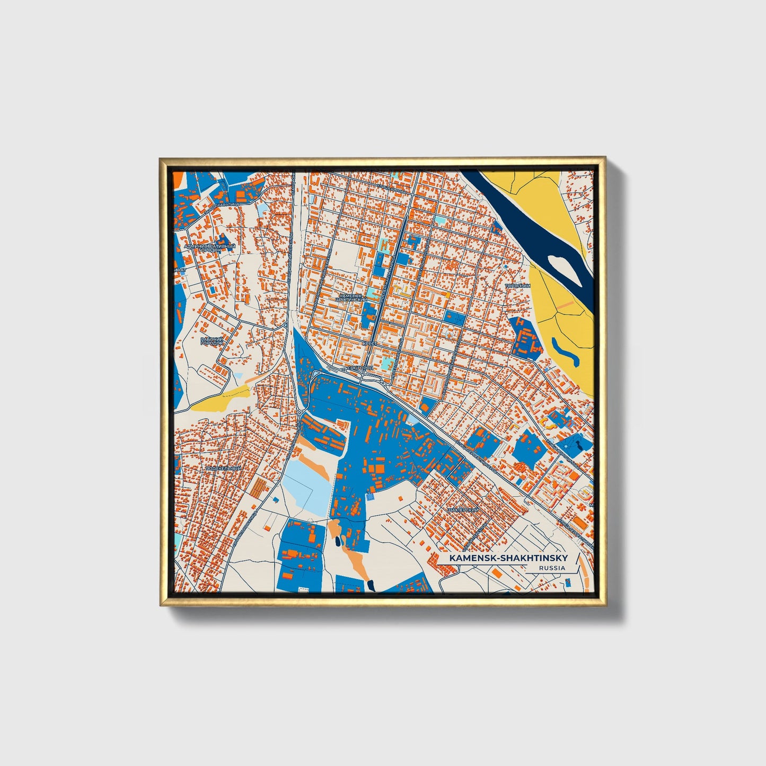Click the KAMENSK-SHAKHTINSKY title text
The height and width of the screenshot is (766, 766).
(x=508, y=558)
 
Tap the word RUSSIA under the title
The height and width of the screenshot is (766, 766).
(x=551, y=568)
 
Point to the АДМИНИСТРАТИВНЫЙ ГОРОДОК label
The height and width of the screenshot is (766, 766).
(x=209, y=249)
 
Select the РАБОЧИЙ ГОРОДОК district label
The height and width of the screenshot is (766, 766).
(x=213, y=341)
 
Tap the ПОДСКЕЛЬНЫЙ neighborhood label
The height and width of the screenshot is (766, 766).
(x=223, y=469)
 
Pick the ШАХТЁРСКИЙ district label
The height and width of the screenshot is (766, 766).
(x=463, y=509)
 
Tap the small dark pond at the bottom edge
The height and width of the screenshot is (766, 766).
(x=371, y=585)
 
